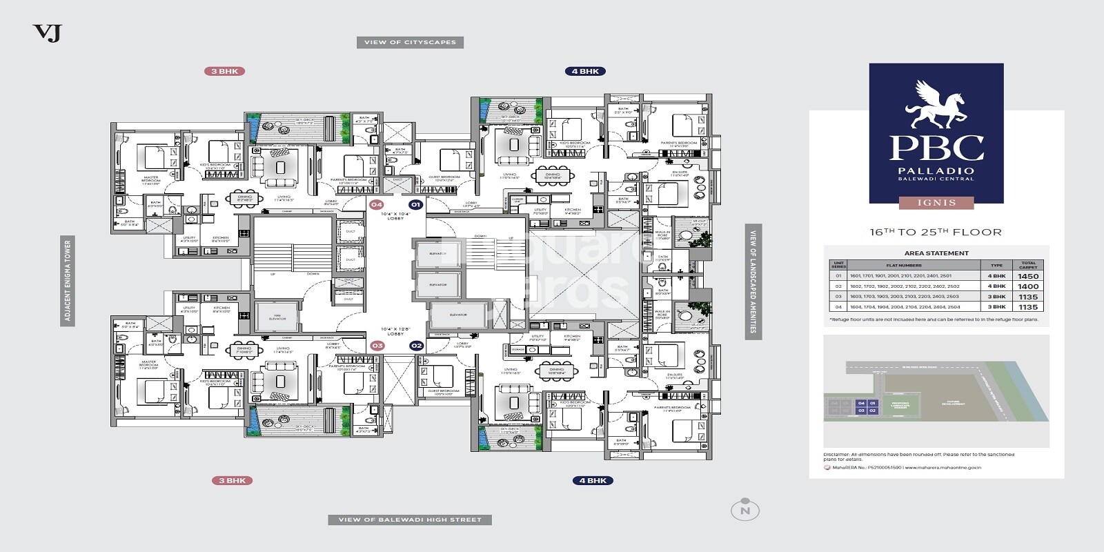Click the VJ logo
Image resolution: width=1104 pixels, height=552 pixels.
(x=47, y=32)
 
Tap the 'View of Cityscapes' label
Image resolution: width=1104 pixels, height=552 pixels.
(x=410, y=42)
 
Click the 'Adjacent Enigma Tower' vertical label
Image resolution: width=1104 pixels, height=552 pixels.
(x=68, y=281)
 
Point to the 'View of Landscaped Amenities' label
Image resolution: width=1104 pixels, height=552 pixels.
(x=753, y=281)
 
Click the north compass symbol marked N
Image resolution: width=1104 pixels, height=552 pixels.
(x=745, y=510)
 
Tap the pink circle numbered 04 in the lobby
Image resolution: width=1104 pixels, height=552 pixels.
(x=376, y=204)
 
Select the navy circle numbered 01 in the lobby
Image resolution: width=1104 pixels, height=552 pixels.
(x=415, y=204)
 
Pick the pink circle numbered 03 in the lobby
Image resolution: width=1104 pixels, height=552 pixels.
(x=377, y=346)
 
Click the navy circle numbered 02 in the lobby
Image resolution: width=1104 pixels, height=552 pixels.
(x=416, y=346)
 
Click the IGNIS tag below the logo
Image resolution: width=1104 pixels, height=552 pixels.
(x=936, y=203)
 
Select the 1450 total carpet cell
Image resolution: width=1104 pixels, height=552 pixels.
(x=1028, y=276)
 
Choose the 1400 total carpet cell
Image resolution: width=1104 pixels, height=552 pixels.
(x=1028, y=286)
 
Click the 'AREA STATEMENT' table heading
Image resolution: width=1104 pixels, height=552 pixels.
(x=936, y=253)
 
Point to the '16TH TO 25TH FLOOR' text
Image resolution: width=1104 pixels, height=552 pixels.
(x=935, y=233)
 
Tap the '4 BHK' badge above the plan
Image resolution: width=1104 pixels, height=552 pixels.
(x=585, y=71)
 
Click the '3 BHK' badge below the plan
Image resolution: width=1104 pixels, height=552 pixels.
(x=232, y=480)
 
